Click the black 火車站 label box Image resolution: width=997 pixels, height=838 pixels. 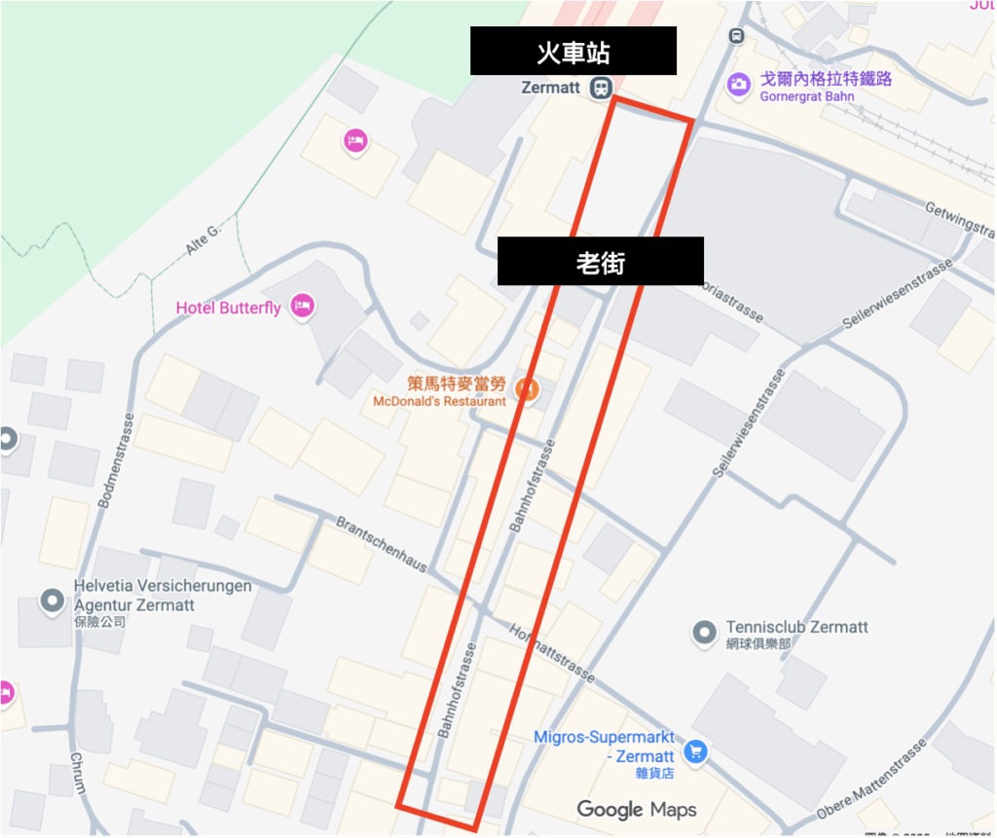pyautogui.click(x=573, y=51)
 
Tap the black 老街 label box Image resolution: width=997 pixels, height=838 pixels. pyautogui.click(x=600, y=261)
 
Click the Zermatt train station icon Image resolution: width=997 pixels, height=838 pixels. pyautogui.click(x=601, y=88)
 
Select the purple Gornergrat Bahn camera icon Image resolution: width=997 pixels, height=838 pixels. pyautogui.click(x=739, y=85)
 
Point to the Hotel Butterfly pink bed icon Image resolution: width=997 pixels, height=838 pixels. pyautogui.click(x=303, y=307)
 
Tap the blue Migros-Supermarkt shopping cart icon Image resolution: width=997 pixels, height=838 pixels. pyautogui.click(x=695, y=750)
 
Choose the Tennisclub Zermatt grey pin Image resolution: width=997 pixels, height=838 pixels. pyautogui.click(x=704, y=634)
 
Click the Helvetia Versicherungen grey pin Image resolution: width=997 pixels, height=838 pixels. pyautogui.click(x=52, y=601)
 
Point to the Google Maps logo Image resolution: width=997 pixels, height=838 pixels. pyautogui.click(x=637, y=809)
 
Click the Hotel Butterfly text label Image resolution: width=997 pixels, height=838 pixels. pyautogui.click(x=228, y=308)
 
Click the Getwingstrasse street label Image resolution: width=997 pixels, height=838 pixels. pyautogui.click(x=959, y=220)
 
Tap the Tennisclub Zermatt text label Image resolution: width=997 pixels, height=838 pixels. pyautogui.click(x=796, y=628)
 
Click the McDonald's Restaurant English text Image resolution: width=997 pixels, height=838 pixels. pyautogui.click(x=439, y=401)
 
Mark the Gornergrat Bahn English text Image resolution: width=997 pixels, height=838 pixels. pyautogui.click(x=807, y=96)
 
